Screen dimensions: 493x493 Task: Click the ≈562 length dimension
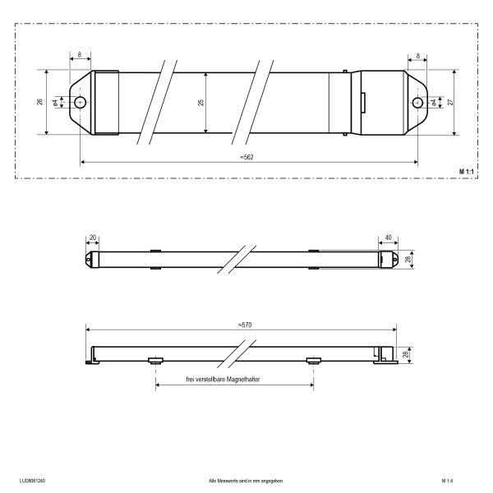coord(246,157)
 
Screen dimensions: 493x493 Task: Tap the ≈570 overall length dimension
coord(245,325)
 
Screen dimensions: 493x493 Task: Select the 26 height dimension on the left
coord(40,102)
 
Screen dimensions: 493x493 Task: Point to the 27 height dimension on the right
coord(451,102)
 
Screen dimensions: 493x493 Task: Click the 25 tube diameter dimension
coord(201,102)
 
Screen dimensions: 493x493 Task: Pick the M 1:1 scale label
coord(466,172)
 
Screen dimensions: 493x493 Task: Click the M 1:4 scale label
coord(447,481)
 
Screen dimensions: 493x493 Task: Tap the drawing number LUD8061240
coord(32,481)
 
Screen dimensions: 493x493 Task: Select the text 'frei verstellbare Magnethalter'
coord(223,380)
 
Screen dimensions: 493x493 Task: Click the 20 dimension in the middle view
coord(93,237)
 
